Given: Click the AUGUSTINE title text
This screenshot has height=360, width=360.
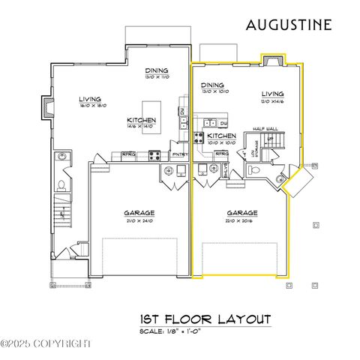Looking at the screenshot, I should click(289, 25).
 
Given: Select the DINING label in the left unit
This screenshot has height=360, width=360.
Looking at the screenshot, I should click(156, 72).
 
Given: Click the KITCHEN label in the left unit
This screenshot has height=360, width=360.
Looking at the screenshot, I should click(141, 121).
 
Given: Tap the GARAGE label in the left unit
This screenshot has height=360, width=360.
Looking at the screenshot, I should click(139, 213).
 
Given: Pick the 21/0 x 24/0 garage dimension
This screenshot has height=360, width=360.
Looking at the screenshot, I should click(139, 220).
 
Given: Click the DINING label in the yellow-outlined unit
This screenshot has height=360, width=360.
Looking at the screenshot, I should click(213, 85).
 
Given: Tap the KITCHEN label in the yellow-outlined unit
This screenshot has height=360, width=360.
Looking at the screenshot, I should click(221, 136).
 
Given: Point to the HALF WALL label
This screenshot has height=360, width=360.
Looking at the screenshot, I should click(265, 129).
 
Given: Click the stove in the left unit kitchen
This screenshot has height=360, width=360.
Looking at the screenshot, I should click(154, 156).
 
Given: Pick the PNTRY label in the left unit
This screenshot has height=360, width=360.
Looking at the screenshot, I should click(179, 155).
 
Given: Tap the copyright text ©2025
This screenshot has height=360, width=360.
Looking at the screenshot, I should click(45, 343).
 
